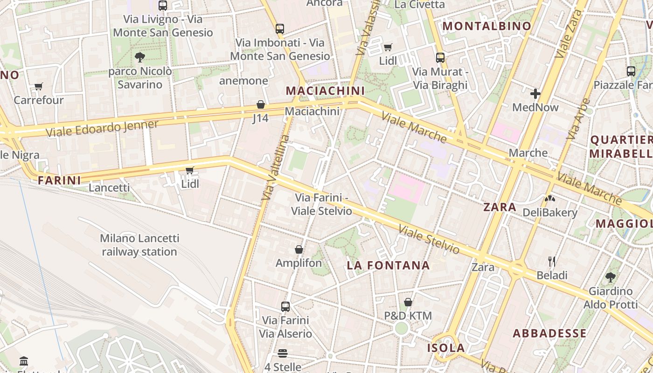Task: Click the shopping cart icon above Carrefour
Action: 38,86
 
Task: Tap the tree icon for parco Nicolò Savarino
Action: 139,57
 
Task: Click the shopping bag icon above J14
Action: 261,104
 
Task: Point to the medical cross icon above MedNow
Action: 535,94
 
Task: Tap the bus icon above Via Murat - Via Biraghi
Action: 440,58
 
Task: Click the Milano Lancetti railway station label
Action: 139,245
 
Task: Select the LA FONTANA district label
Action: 388,265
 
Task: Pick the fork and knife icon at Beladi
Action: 552,261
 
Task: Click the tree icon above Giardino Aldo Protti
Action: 610,277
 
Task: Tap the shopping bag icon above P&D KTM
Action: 408,302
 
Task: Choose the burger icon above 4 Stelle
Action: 283,353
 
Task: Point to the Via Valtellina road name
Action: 276,168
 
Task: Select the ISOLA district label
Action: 446,348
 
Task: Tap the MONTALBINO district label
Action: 486,26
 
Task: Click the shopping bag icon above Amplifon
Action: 299,249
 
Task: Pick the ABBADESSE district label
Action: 549,333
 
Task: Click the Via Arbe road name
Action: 578,119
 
